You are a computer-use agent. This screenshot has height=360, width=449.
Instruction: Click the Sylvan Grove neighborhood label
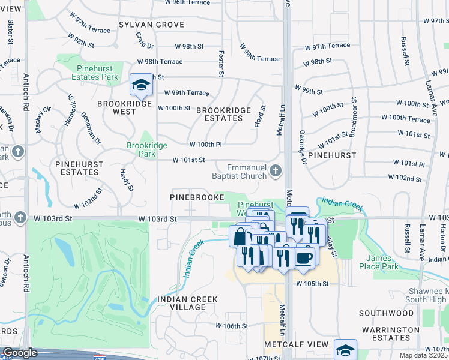pos(151,25)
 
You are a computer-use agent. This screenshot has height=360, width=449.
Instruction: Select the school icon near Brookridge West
pos(141,85)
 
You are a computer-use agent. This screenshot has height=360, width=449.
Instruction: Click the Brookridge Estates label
pos(219,114)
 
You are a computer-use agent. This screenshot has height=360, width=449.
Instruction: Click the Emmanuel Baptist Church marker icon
pos(276,172)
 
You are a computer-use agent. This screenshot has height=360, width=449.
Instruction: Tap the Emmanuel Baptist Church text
pos(239,172)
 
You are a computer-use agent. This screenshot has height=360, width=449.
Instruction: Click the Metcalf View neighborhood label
pos(297,344)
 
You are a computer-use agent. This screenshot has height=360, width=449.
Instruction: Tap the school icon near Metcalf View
pos(346,350)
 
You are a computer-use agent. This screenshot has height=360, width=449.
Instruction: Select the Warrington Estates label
pos(390,334)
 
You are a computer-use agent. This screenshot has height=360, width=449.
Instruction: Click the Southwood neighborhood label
pos(387,313)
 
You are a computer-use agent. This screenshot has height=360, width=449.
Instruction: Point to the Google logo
pos(20,353)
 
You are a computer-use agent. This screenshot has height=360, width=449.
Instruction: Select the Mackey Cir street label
pos(44,120)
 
